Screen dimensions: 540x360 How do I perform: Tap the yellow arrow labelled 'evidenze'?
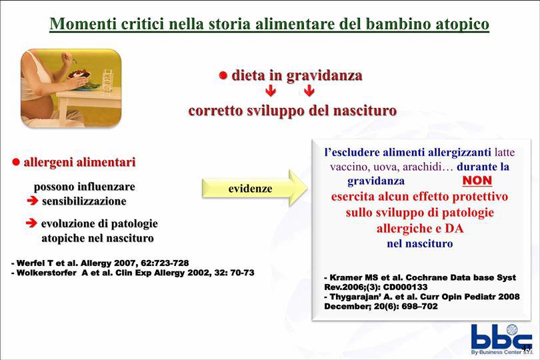point(255,188)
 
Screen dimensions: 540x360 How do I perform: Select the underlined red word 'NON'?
point(477,180)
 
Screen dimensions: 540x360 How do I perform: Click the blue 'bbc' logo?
point(501,337)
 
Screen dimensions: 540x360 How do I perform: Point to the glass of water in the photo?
point(108,81)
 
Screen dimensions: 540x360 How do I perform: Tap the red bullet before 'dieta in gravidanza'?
point(223,75)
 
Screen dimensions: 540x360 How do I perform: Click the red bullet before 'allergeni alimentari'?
point(16,162)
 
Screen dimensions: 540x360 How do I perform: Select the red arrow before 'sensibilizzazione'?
point(33,201)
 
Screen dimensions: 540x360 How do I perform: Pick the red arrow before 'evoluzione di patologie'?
point(31,223)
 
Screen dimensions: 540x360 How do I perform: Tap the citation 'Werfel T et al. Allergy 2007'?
point(100,263)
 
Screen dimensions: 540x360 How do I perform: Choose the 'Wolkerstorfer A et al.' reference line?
point(133,273)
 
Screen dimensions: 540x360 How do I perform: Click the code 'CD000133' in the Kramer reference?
point(405,287)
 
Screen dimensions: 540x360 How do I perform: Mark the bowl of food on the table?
point(79,75)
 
